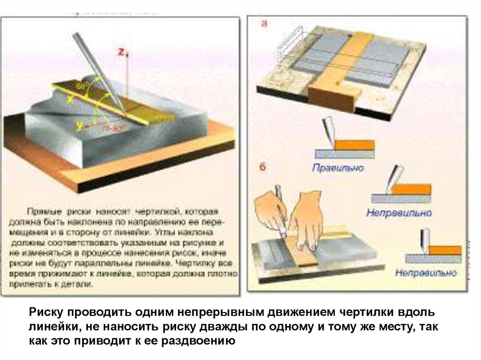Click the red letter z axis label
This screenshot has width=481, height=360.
click(x=120, y=53)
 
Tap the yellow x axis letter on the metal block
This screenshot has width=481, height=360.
click(x=70, y=99)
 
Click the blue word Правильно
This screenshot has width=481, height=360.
click(x=338, y=168)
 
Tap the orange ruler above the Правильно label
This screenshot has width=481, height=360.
click(x=356, y=145)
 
